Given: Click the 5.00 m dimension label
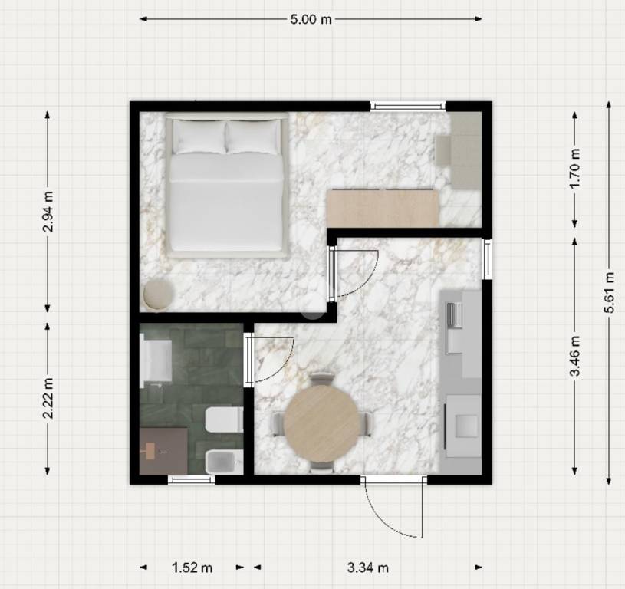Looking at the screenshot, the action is pos(311,19).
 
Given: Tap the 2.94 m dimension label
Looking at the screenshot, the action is pos(48,212).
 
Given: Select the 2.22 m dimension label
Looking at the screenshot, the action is pos(48,398).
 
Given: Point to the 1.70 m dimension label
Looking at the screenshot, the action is pos(574,169).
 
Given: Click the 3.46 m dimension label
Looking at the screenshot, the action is pos(574,356).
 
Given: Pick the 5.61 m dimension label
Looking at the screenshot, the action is pos(609,292).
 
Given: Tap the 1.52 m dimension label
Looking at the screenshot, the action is pos(192,567).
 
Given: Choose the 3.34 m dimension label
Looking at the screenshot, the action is pos(368,567).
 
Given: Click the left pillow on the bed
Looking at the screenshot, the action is pos(199,137).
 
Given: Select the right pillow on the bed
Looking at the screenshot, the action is pos(254,137).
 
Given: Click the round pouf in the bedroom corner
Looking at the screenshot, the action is pos(158,294).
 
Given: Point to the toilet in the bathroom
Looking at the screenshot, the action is pos(225,420).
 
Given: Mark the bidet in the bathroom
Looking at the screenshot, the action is pos(225,462).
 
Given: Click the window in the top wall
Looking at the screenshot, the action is pos(407,106).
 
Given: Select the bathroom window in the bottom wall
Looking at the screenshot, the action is pos(191,479).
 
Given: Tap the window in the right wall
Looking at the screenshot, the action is pos(487,259).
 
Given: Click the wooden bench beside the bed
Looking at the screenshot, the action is pos(383,209).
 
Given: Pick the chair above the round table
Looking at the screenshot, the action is pos(321,379).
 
